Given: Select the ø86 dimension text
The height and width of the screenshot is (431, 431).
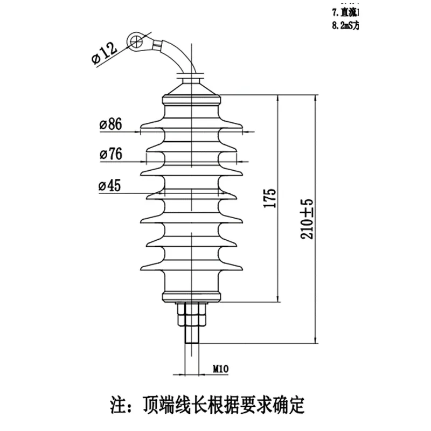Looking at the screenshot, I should coord(110,124).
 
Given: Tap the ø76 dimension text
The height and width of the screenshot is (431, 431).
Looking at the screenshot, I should coord(110,155).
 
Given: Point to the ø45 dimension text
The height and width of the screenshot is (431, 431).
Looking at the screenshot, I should coord(109,186).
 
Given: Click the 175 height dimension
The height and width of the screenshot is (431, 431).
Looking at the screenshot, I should coord(271,198).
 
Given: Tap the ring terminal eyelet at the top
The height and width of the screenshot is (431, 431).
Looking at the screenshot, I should coord(137,40).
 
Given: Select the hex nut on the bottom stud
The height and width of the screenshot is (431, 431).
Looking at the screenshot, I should coord(191,315).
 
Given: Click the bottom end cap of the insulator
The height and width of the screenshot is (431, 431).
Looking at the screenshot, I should coord(191,295).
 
